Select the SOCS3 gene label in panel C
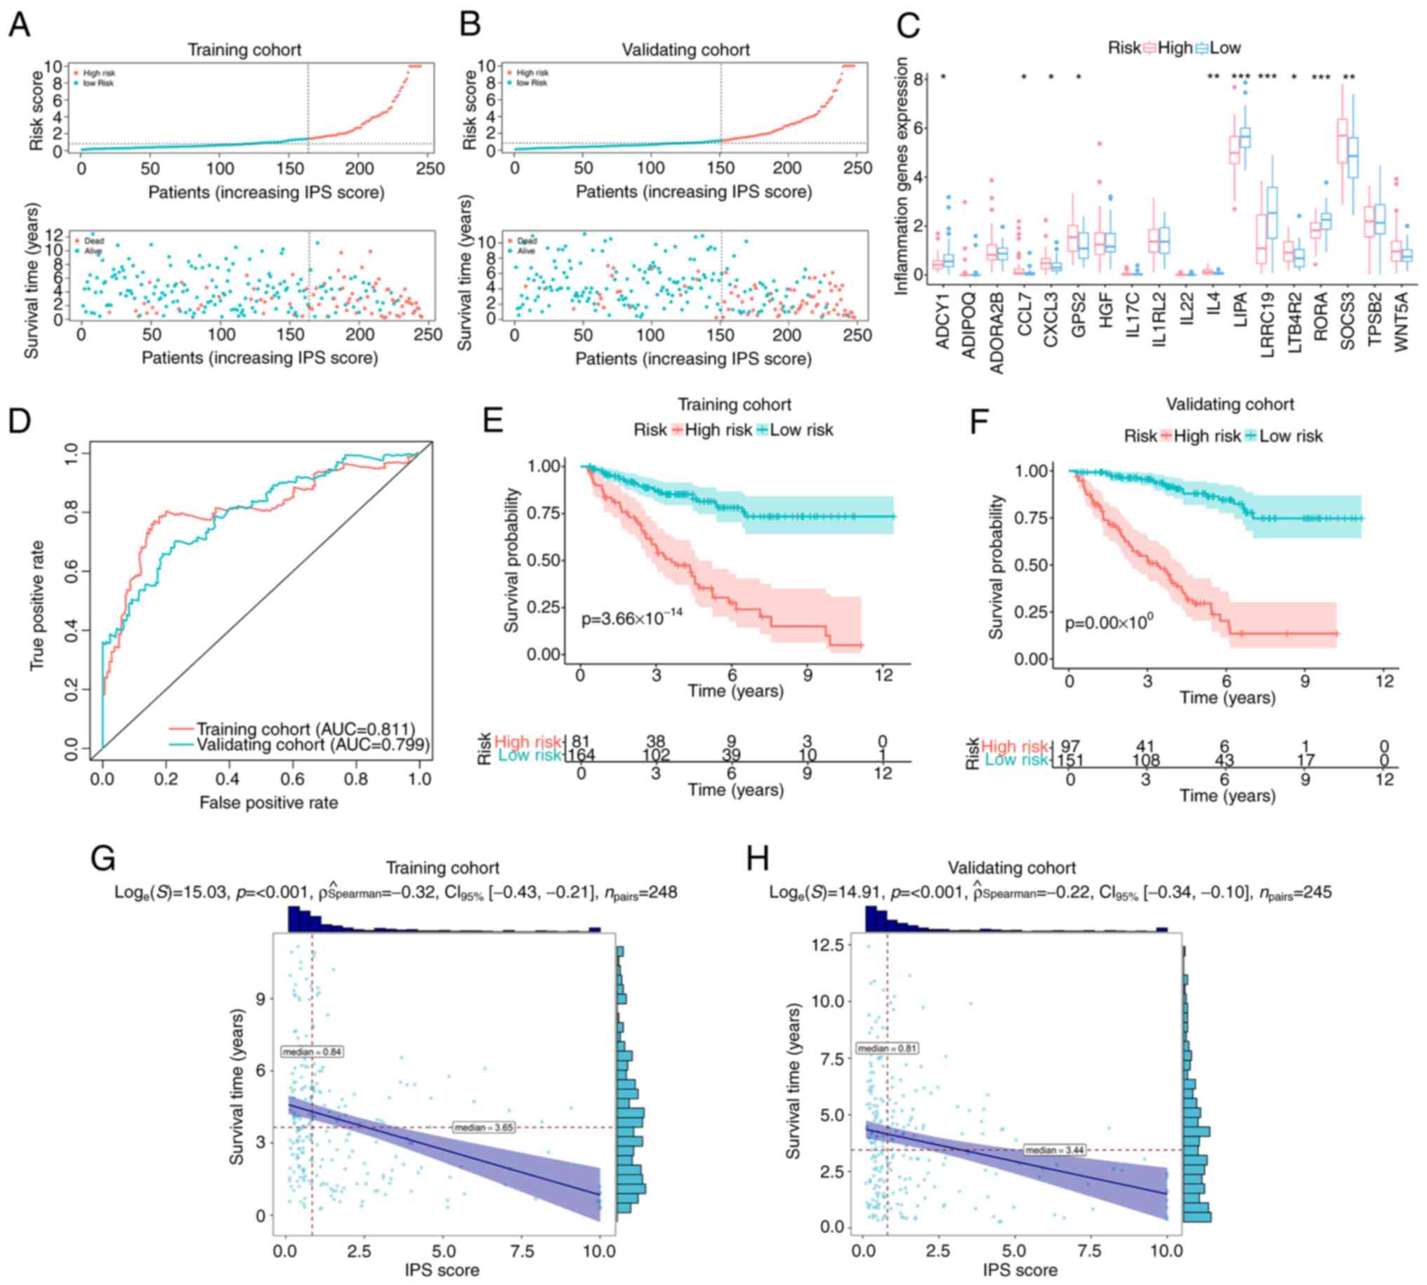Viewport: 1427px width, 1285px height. tap(1347, 322)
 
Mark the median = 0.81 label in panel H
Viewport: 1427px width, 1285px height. tap(888, 1048)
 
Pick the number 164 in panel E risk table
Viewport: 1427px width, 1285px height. tap(581, 756)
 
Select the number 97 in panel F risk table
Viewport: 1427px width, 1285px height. tap(1070, 746)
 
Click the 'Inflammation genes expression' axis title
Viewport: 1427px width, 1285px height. tap(902, 176)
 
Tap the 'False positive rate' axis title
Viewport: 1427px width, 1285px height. tap(268, 803)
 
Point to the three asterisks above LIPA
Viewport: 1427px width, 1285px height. tap(1241, 77)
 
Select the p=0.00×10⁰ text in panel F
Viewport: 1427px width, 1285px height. tap(1109, 624)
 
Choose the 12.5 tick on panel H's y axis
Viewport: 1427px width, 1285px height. tap(828, 945)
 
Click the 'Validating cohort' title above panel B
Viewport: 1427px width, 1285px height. tap(685, 50)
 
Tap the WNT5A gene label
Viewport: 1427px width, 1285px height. tap(1402, 322)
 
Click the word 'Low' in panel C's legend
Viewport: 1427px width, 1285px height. tap(1225, 48)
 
